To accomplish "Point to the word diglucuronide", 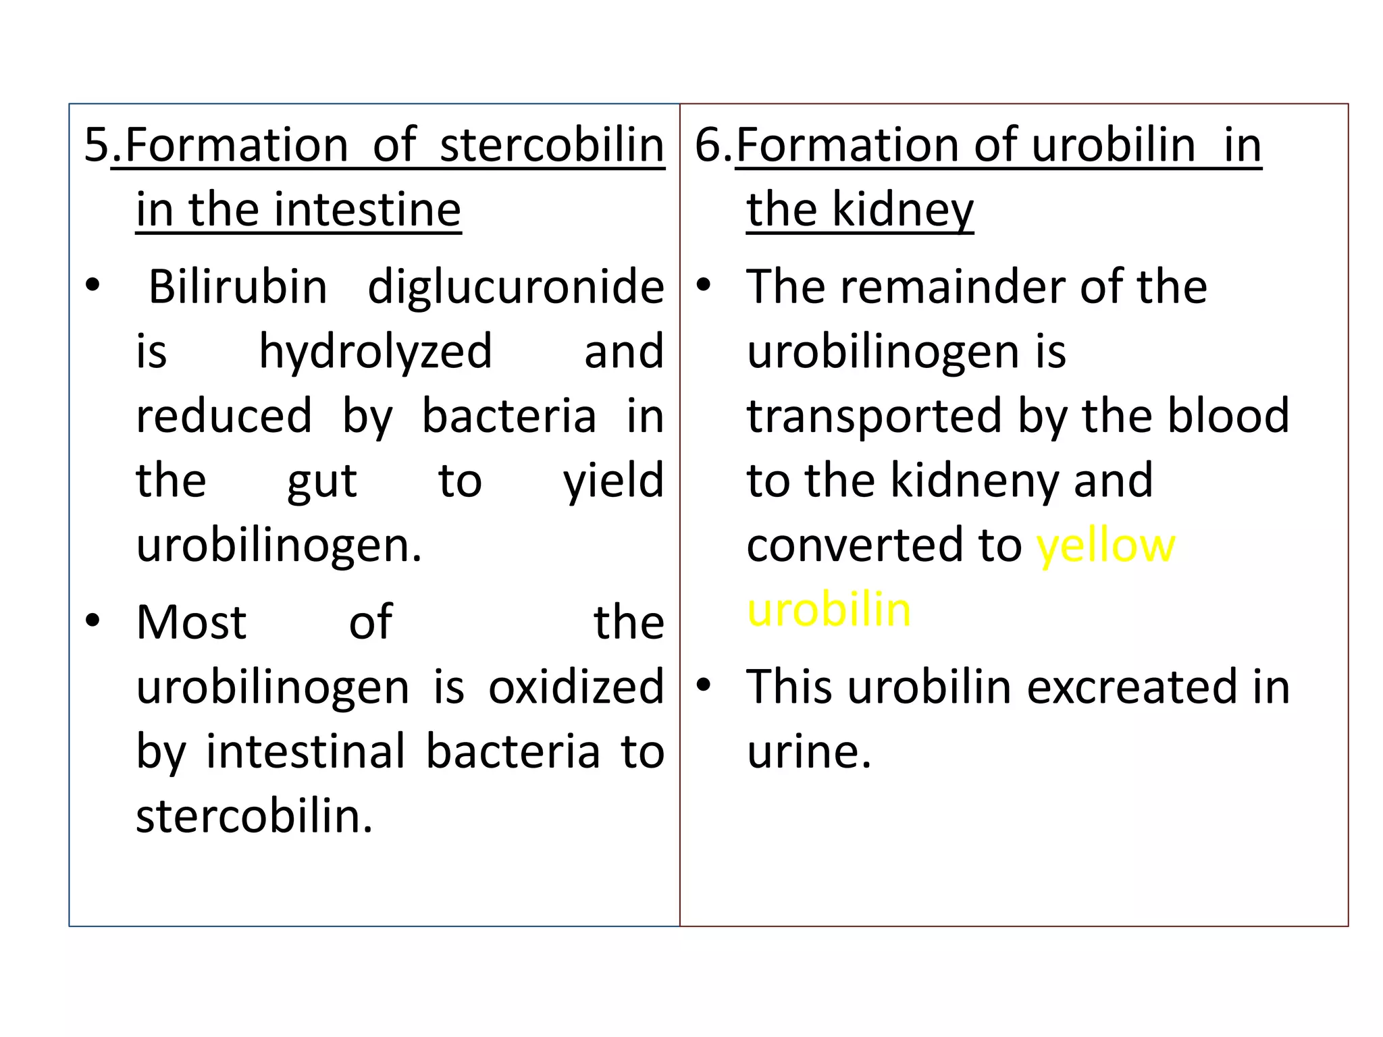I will point(516,287).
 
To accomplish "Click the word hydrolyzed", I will point(375,352).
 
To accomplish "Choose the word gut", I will point(322,481).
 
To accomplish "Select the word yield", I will point(614,481).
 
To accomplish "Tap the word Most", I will point(191,622).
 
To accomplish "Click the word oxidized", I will point(576,687).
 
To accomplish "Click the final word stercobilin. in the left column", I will point(255,816).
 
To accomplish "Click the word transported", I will point(875,417).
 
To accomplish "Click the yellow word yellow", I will point(1106,546).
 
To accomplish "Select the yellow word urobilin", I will point(829,610).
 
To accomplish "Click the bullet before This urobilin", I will point(704,684).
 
